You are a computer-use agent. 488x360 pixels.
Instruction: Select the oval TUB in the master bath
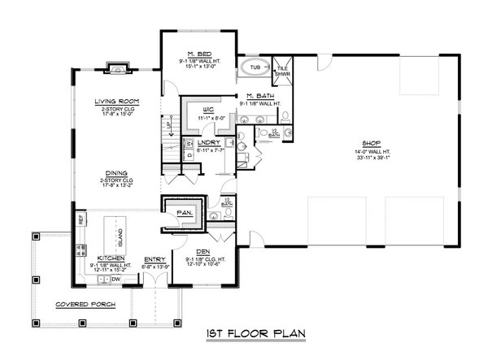tap(255, 67)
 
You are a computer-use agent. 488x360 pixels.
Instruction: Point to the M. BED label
tap(199, 51)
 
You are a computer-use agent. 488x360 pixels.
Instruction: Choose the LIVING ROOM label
tap(116, 102)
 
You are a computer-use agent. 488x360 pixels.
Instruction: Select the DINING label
tap(115, 173)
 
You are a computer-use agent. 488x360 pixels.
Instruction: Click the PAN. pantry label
tap(184, 213)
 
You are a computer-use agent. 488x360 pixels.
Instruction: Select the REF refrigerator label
tap(81, 219)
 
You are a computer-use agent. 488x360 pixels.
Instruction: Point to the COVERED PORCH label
tap(85, 305)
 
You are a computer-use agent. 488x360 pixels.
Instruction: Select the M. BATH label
tap(258, 96)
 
